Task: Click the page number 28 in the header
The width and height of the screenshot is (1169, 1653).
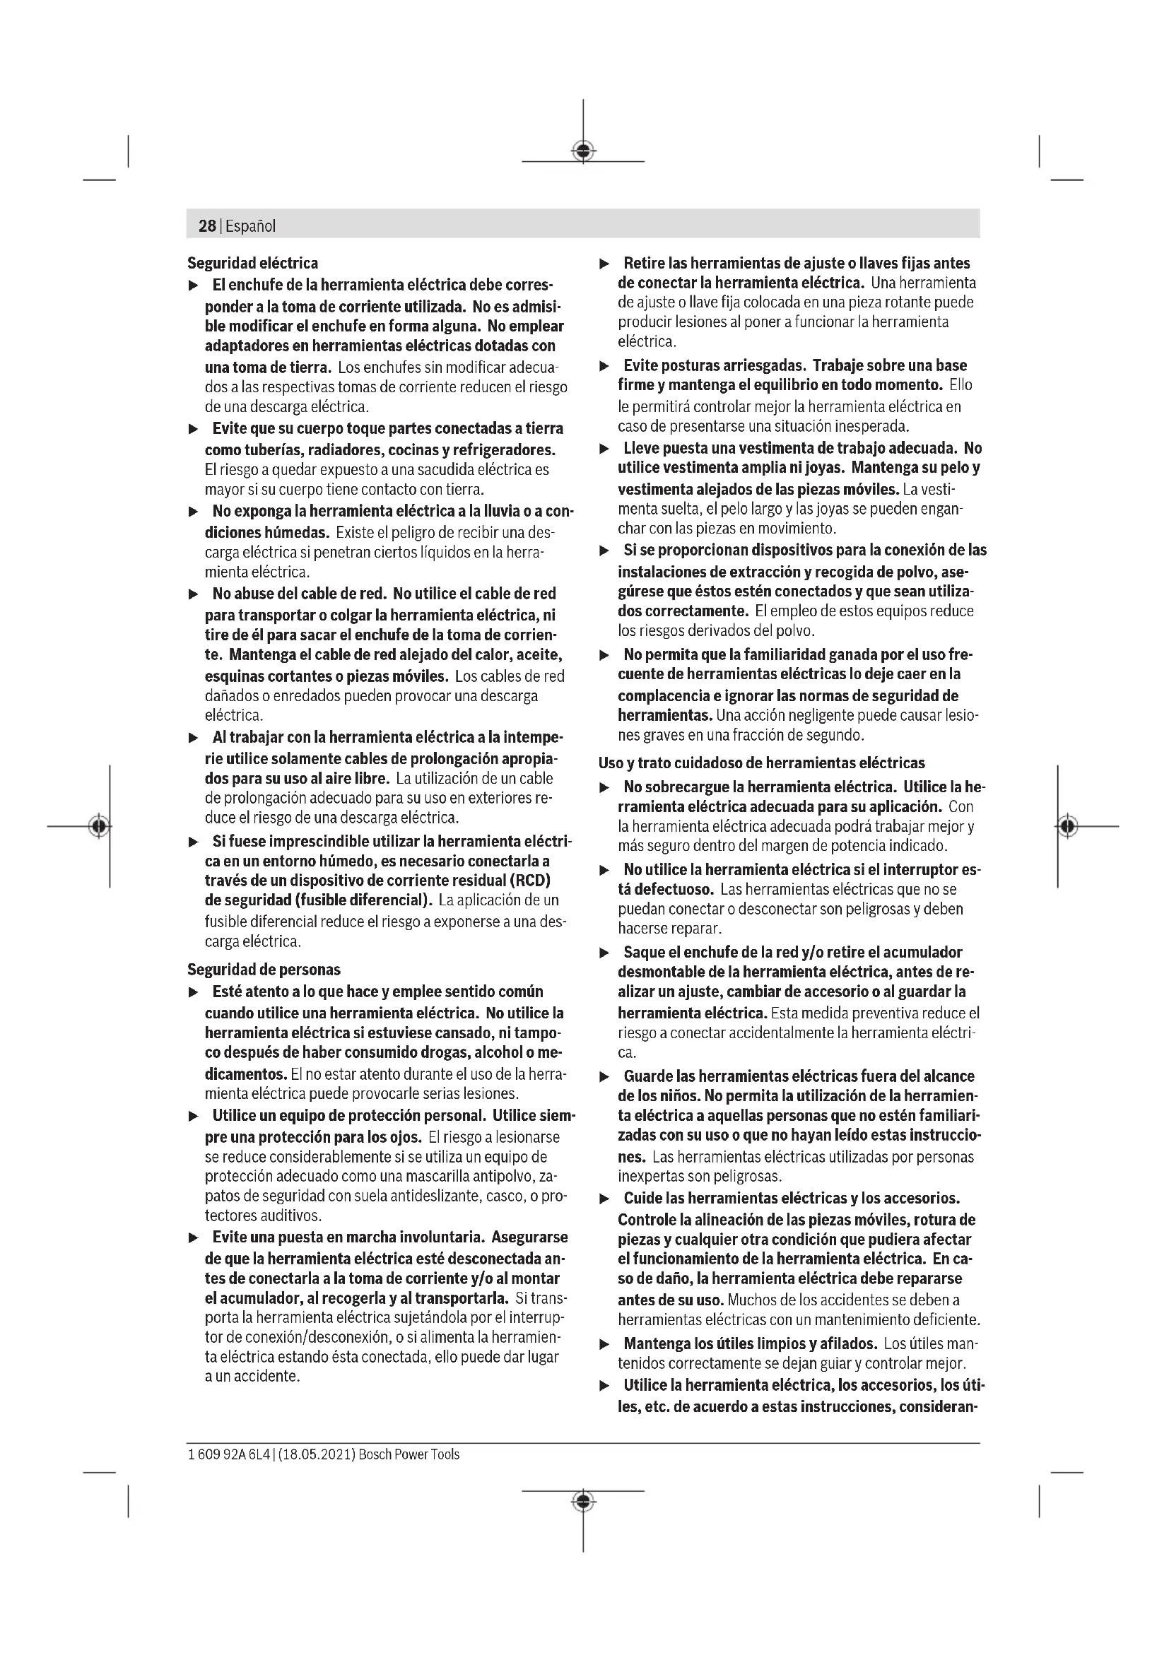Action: coord(207,226)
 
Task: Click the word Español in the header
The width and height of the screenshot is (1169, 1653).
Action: coord(250,226)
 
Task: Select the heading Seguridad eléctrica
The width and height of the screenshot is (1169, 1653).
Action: coord(252,263)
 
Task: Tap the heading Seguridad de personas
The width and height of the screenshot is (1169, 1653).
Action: coord(264,970)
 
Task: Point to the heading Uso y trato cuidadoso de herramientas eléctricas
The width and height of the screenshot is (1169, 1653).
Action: coord(762,763)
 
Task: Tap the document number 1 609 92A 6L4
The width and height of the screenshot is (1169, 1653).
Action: coord(228,1454)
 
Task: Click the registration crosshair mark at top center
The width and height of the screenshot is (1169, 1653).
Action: coord(583,151)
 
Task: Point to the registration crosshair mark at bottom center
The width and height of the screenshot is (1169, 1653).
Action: coord(583,1501)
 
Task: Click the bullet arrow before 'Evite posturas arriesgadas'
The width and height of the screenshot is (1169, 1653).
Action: coord(605,367)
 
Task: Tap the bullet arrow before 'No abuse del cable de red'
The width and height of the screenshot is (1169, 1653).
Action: coord(192,594)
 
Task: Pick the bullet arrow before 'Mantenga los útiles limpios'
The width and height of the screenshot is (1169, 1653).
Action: coord(605,1344)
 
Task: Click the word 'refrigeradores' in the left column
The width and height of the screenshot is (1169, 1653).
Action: coord(508,450)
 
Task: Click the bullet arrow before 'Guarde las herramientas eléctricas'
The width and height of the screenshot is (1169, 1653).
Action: coord(605,1077)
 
